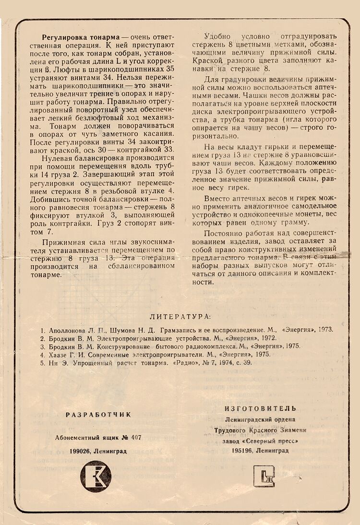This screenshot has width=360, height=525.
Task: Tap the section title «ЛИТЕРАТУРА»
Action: (180, 317)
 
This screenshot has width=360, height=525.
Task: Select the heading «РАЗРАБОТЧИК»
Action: (98, 415)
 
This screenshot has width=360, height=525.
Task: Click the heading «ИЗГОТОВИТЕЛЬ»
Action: (260, 408)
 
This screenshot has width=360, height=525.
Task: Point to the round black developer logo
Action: (96, 476)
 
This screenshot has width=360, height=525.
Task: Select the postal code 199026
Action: (80, 451)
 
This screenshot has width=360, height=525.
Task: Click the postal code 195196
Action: (242, 451)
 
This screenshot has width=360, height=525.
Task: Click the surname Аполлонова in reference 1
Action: (66, 330)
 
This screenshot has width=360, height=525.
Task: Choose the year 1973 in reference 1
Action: (324, 330)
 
